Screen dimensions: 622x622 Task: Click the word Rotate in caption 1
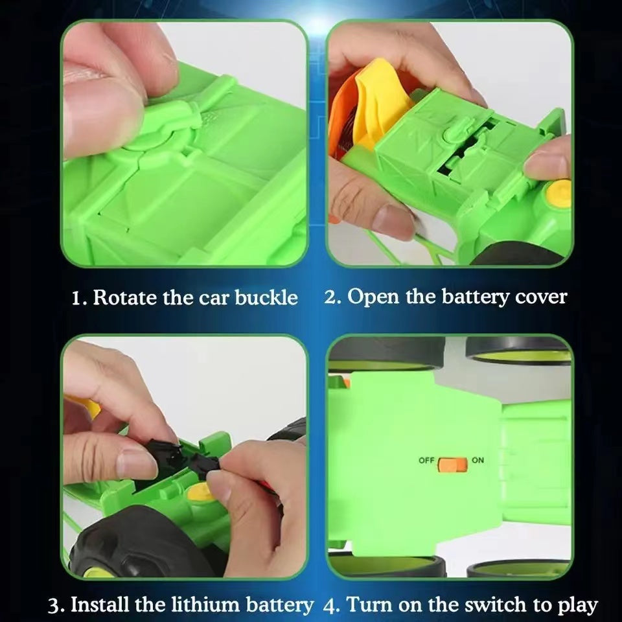coord(125,297)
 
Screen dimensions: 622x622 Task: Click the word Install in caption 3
coord(100,605)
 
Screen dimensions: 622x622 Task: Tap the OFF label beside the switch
coord(426,461)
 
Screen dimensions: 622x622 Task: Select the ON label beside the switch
coord(478,460)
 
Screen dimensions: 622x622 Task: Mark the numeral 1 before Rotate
coord(77,298)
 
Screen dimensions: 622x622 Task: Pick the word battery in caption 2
coord(475,297)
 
